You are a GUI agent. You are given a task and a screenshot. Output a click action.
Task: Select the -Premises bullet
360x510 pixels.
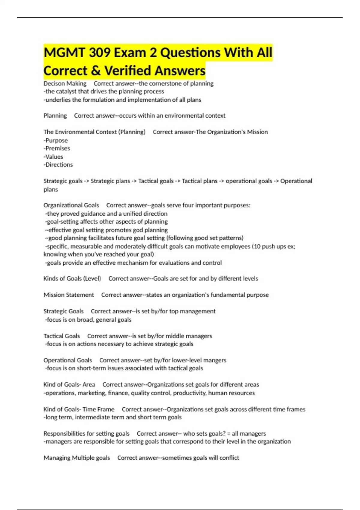(57, 148)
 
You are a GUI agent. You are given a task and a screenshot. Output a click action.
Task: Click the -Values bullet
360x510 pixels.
(53, 157)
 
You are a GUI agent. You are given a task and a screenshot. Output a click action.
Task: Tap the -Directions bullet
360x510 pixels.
(58, 165)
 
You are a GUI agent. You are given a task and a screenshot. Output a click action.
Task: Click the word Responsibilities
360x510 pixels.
(64, 433)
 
